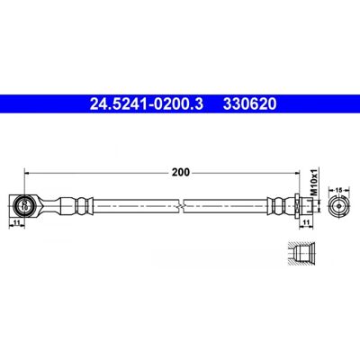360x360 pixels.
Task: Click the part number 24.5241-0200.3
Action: (x=147, y=104)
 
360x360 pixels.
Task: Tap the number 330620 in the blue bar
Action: (x=249, y=104)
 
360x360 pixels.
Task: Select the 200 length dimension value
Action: (x=181, y=172)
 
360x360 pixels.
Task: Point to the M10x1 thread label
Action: (x=314, y=182)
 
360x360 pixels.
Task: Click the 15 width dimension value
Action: (x=339, y=190)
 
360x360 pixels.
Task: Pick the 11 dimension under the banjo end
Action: (x=17, y=222)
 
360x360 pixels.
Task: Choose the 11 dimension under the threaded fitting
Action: (x=306, y=222)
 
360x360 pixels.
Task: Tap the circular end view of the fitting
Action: (x=339, y=206)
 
